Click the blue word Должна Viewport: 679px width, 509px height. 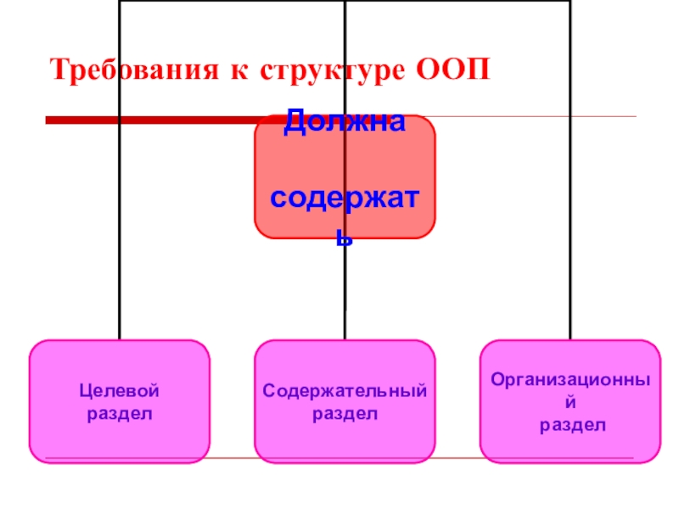344,124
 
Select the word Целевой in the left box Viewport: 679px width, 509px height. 120,391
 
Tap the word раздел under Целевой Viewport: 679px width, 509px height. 120,413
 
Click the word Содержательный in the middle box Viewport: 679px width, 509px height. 345,391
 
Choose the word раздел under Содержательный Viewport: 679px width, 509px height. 345,413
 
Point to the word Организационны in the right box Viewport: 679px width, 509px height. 570,380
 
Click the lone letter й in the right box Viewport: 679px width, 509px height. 570,402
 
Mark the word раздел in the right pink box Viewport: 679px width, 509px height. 570,424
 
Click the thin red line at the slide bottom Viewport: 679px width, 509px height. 339,459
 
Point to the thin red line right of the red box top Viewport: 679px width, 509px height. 535,116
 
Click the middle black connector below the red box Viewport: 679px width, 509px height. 345,288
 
